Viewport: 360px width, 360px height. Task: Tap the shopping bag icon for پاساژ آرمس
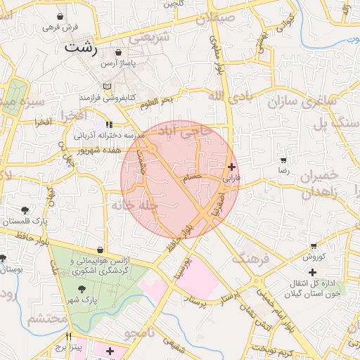(x=117, y=52)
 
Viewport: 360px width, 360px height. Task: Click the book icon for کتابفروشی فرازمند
(x=107, y=86)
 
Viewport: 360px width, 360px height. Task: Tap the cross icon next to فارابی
(x=232, y=167)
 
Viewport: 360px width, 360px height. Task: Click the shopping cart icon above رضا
(x=283, y=160)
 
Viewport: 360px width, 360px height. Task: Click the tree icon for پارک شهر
(x=82, y=288)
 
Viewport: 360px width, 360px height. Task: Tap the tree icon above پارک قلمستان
(x=26, y=210)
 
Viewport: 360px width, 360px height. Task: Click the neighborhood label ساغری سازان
(x=302, y=102)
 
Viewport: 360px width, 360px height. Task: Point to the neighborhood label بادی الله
(x=227, y=95)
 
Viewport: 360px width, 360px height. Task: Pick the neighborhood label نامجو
(x=135, y=332)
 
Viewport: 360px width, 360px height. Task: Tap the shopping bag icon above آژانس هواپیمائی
(x=102, y=250)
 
